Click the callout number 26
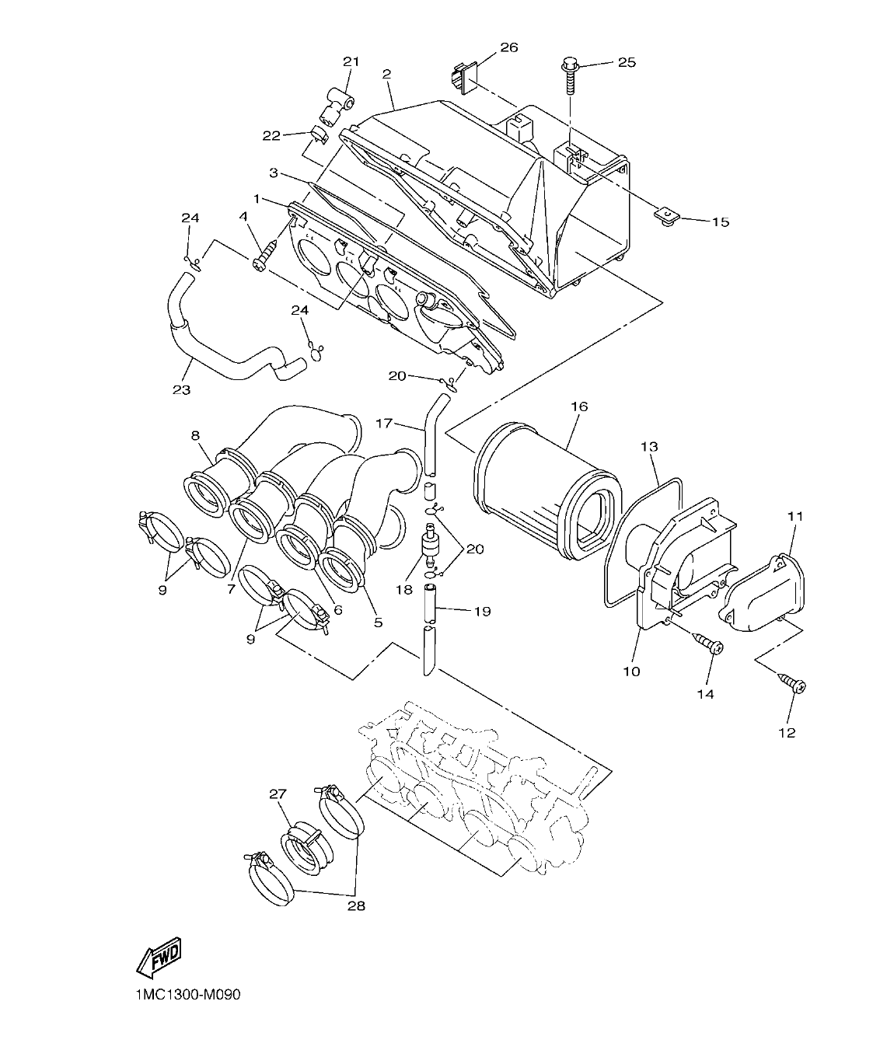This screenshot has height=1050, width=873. tap(508, 47)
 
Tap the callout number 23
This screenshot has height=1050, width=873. tap(181, 389)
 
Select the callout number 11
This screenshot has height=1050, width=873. tap(795, 515)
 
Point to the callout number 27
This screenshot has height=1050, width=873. tap(278, 794)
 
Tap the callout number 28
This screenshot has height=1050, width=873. tap(356, 905)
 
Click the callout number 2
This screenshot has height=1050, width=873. tap(386, 74)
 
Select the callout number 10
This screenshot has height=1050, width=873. tap(631, 671)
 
